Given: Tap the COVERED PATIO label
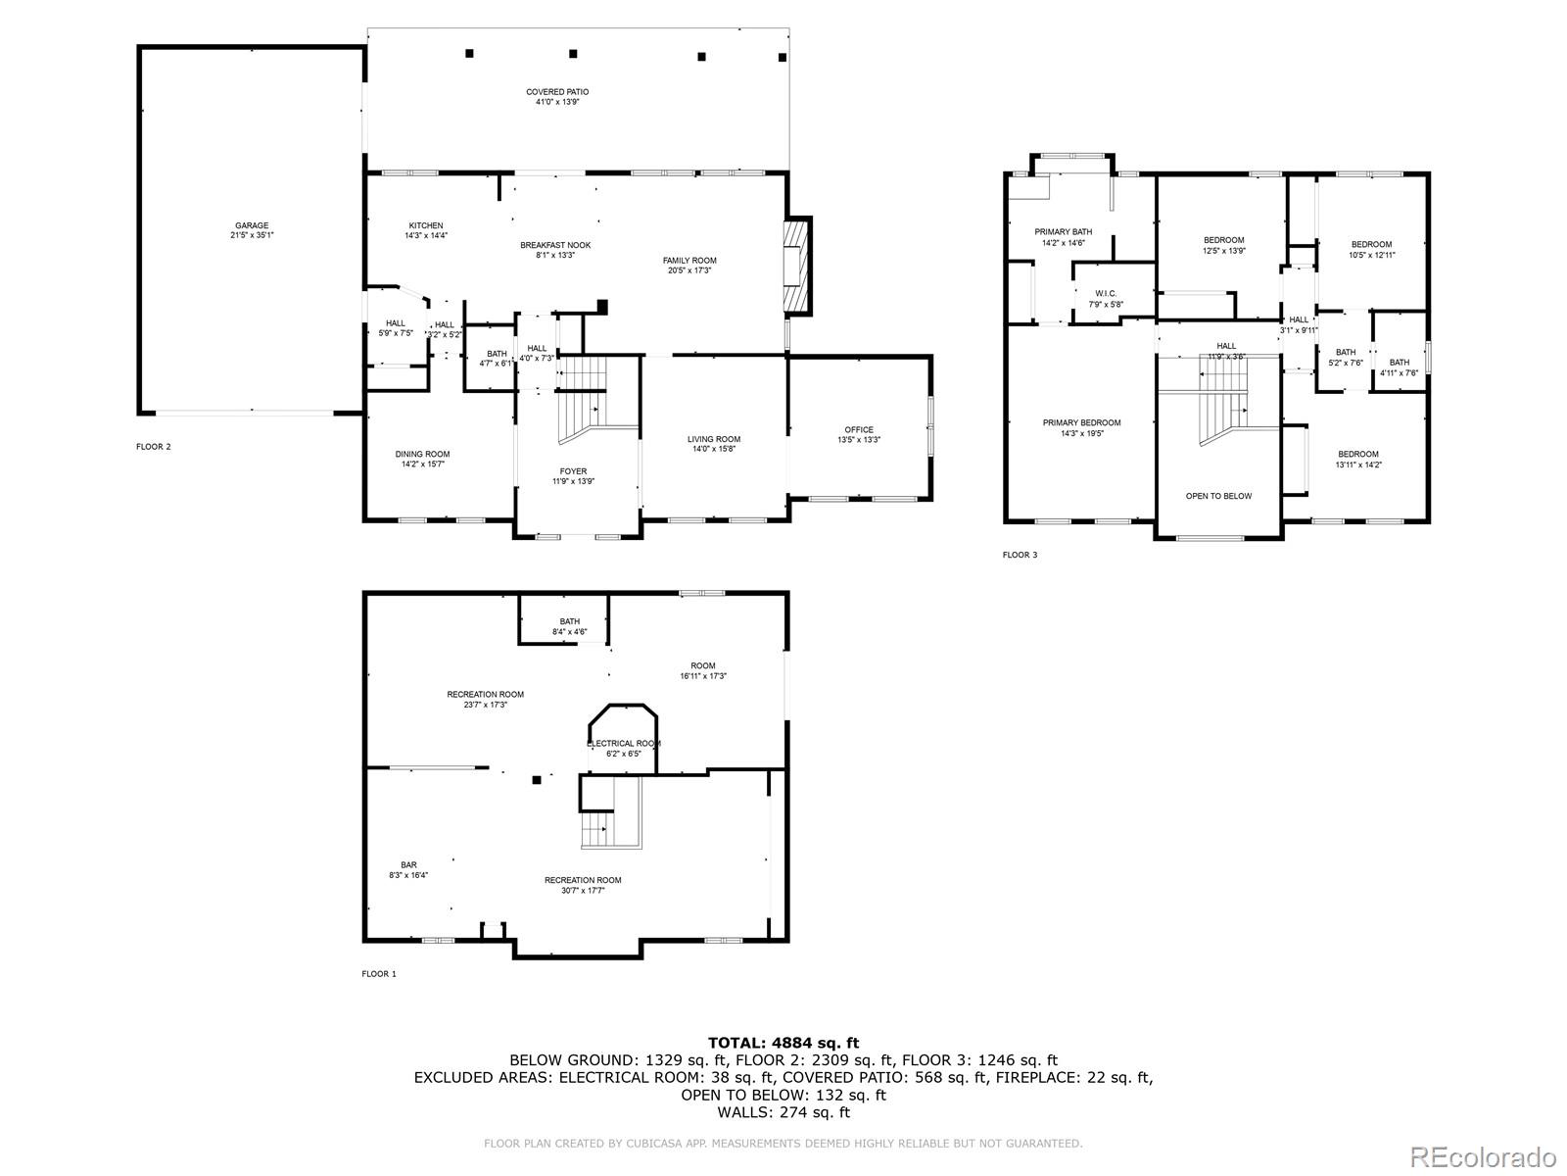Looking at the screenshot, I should [x=557, y=92].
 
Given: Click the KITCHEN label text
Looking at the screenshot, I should [x=425, y=225].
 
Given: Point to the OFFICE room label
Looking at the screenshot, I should [x=859, y=429].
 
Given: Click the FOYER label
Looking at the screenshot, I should [x=573, y=470].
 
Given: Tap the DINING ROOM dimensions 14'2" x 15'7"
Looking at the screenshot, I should [x=422, y=465].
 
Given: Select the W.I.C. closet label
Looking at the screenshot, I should [x=1106, y=293].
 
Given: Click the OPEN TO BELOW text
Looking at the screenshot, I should [x=1218, y=496].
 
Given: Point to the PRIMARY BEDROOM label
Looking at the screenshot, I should [x=1081, y=422].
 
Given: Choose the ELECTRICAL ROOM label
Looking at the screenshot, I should [x=624, y=743].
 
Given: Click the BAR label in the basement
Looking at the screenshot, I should [x=408, y=864].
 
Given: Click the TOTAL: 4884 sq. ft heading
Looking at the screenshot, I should [x=783, y=1043].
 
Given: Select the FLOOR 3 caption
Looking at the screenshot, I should [x=1020, y=555].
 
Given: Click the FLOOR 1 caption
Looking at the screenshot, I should [x=379, y=974].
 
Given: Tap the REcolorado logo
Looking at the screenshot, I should [x=1490, y=1152].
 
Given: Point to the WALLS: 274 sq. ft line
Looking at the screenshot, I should [x=783, y=1112].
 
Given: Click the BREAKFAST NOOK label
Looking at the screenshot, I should [x=555, y=245].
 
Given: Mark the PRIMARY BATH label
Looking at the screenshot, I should [x=1064, y=232].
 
